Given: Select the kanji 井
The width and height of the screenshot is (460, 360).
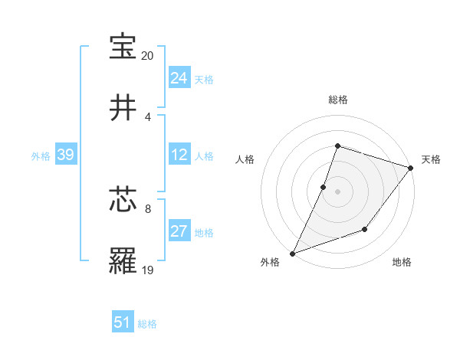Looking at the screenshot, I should pyautogui.click(x=123, y=108).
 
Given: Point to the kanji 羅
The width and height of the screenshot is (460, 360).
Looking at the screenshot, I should pyautogui.click(x=123, y=262).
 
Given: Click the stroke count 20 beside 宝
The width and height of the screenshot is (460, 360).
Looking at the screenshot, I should pyautogui.click(x=148, y=56).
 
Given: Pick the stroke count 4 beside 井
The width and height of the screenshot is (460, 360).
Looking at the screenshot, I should pyautogui.click(x=148, y=117).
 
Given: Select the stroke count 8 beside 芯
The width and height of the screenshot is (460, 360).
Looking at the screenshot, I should pyautogui.click(x=148, y=208).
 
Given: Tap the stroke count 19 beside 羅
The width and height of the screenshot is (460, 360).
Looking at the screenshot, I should pyautogui.click(x=148, y=270).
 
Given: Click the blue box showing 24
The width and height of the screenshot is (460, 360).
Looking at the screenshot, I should pyautogui.click(x=179, y=77).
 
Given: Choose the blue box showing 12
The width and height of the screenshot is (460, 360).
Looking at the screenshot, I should pyautogui.click(x=179, y=155).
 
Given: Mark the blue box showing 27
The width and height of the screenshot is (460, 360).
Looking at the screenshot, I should pyautogui.click(x=179, y=231).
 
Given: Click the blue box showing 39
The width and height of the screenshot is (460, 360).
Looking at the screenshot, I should pyautogui.click(x=65, y=155).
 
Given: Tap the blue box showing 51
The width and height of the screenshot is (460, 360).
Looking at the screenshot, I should pyautogui.click(x=123, y=322).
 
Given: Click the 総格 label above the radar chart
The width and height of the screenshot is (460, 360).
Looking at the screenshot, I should pyautogui.click(x=337, y=100).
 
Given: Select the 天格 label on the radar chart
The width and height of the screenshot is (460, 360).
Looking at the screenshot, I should pyautogui.click(x=431, y=159).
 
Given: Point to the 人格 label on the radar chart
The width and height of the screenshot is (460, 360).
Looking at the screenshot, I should pyautogui.click(x=245, y=159).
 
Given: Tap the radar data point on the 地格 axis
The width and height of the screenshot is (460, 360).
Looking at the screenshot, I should pyautogui.click(x=366, y=229).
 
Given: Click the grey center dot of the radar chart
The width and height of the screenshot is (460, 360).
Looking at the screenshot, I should pyautogui.click(x=337, y=191).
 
